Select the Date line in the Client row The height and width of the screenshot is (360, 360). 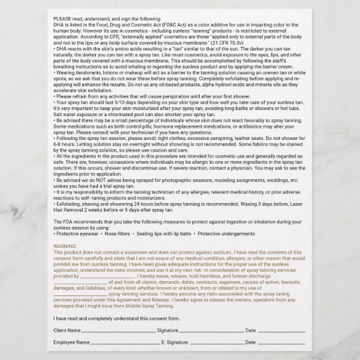click(283, 331)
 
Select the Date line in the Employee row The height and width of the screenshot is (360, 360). click(283, 344)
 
